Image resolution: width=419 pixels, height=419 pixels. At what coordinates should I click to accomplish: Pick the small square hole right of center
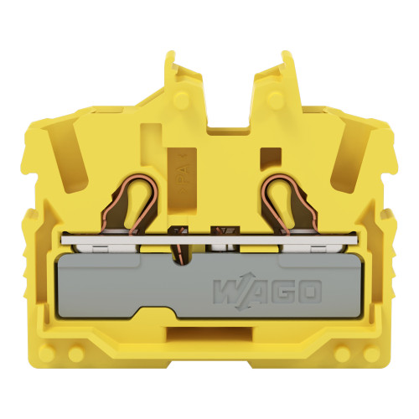tap(270, 156)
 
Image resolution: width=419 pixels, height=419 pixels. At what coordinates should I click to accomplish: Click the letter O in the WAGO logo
tap(308, 292)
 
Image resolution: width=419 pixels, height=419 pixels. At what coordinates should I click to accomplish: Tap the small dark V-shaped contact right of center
tap(223, 230)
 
